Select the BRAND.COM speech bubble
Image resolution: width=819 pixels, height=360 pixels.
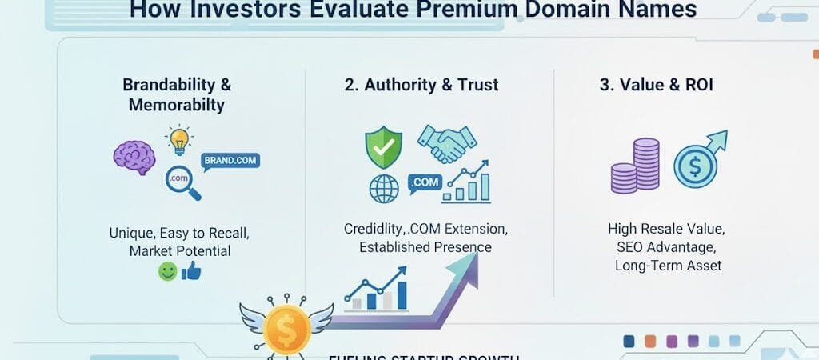point(230,162)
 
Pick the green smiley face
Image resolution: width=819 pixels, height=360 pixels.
point(167,272)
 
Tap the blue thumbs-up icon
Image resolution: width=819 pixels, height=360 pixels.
point(191,271)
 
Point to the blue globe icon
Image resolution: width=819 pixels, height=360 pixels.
point(384,190)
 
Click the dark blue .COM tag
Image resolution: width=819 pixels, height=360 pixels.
point(424,183)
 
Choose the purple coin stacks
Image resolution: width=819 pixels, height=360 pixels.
point(636,166)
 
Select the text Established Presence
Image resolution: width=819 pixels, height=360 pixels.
point(425,247)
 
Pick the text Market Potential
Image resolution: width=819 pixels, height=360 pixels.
point(179,251)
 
